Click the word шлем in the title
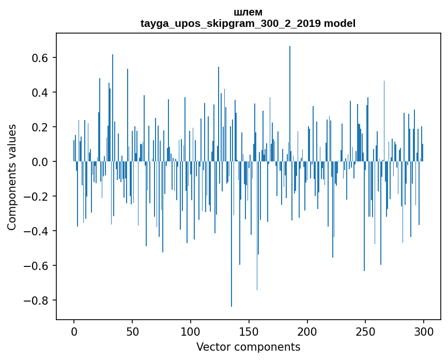tap(248, 12)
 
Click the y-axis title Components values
tap(12, 177)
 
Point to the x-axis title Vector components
tap(248, 347)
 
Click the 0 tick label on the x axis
tap(74, 331)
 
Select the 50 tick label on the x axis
tap(132, 331)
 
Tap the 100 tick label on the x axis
tap(191, 331)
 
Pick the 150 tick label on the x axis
tap(249, 331)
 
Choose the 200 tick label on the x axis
tap(307, 331)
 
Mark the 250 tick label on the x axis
tap(366, 331)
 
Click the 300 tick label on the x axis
tap(424, 331)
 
